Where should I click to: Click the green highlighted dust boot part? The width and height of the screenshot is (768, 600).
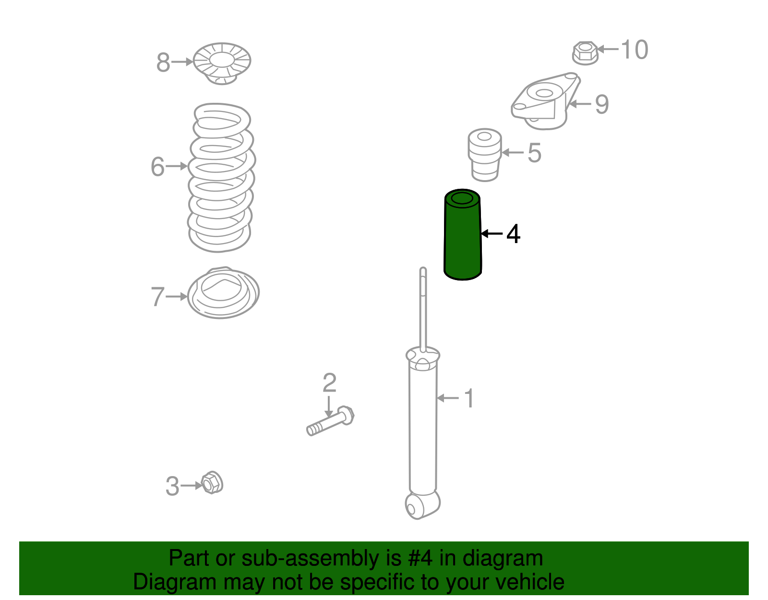462,235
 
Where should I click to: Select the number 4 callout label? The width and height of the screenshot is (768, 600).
513,233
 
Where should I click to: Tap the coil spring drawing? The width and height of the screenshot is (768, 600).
221,177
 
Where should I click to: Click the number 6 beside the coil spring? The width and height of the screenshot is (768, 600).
157,166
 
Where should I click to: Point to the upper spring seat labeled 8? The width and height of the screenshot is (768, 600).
222,63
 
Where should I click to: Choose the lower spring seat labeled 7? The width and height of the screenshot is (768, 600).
223,293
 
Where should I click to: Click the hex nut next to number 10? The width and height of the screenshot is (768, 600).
585,53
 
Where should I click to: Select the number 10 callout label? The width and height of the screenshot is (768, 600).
635,49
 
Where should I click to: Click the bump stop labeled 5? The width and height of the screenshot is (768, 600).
484,155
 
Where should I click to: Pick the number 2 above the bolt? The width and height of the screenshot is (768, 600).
329,382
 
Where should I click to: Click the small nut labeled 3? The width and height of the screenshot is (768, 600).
212,483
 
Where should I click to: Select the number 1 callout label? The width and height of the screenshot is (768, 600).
469,398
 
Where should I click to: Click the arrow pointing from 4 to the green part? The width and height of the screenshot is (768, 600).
492,233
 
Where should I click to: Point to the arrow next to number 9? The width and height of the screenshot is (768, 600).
580,104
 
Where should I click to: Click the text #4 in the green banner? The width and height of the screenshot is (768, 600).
420,558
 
